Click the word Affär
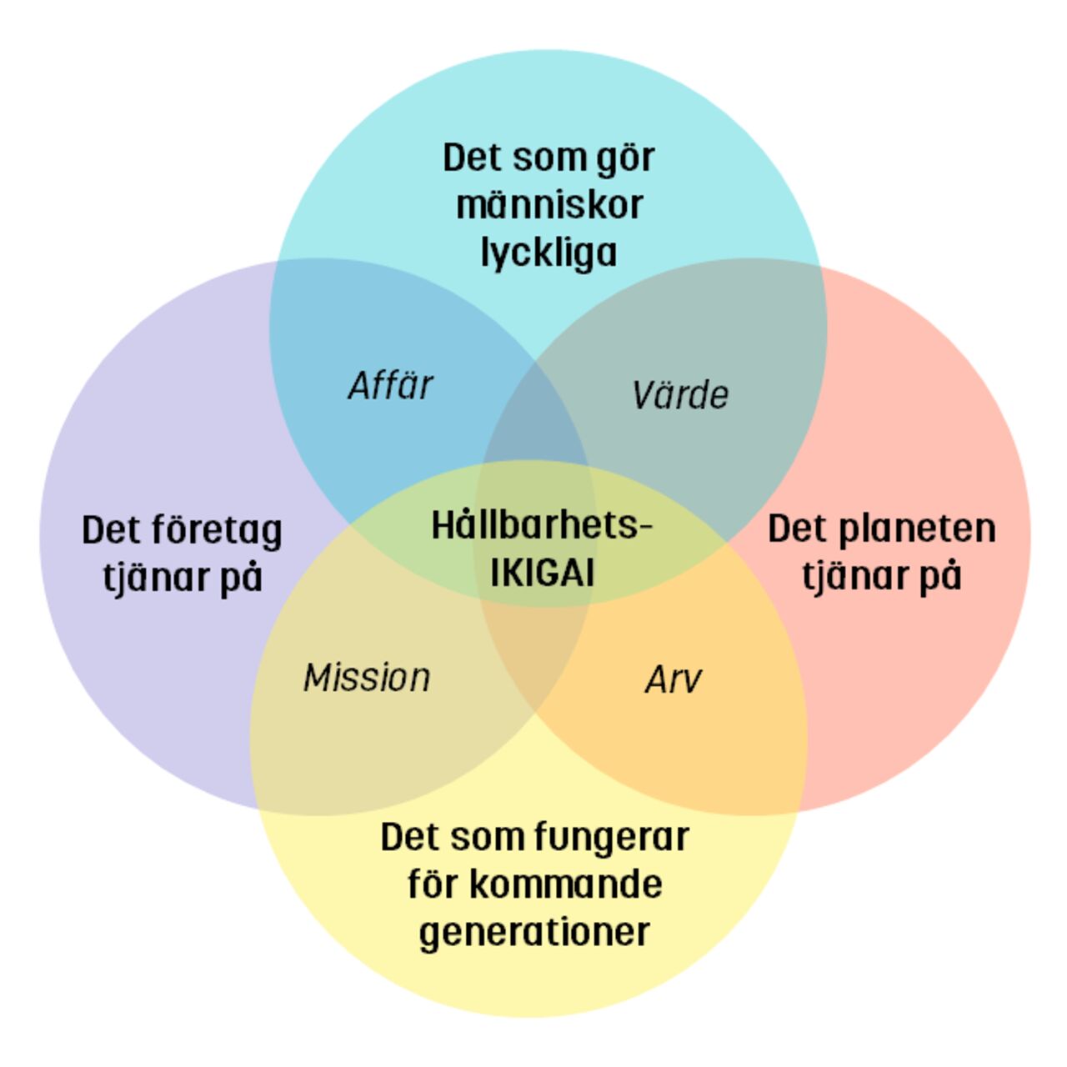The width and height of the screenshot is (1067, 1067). click(x=390, y=386)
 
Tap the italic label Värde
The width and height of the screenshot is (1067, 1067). click(x=680, y=395)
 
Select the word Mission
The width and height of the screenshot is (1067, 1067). click(x=367, y=678)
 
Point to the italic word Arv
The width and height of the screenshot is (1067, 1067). click(x=673, y=680)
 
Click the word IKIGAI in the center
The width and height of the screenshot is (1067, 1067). click(x=542, y=574)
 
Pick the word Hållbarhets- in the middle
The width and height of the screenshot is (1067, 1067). click(x=541, y=526)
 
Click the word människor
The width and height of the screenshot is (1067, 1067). click(x=549, y=205)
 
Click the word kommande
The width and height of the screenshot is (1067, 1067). click(x=566, y=884)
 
